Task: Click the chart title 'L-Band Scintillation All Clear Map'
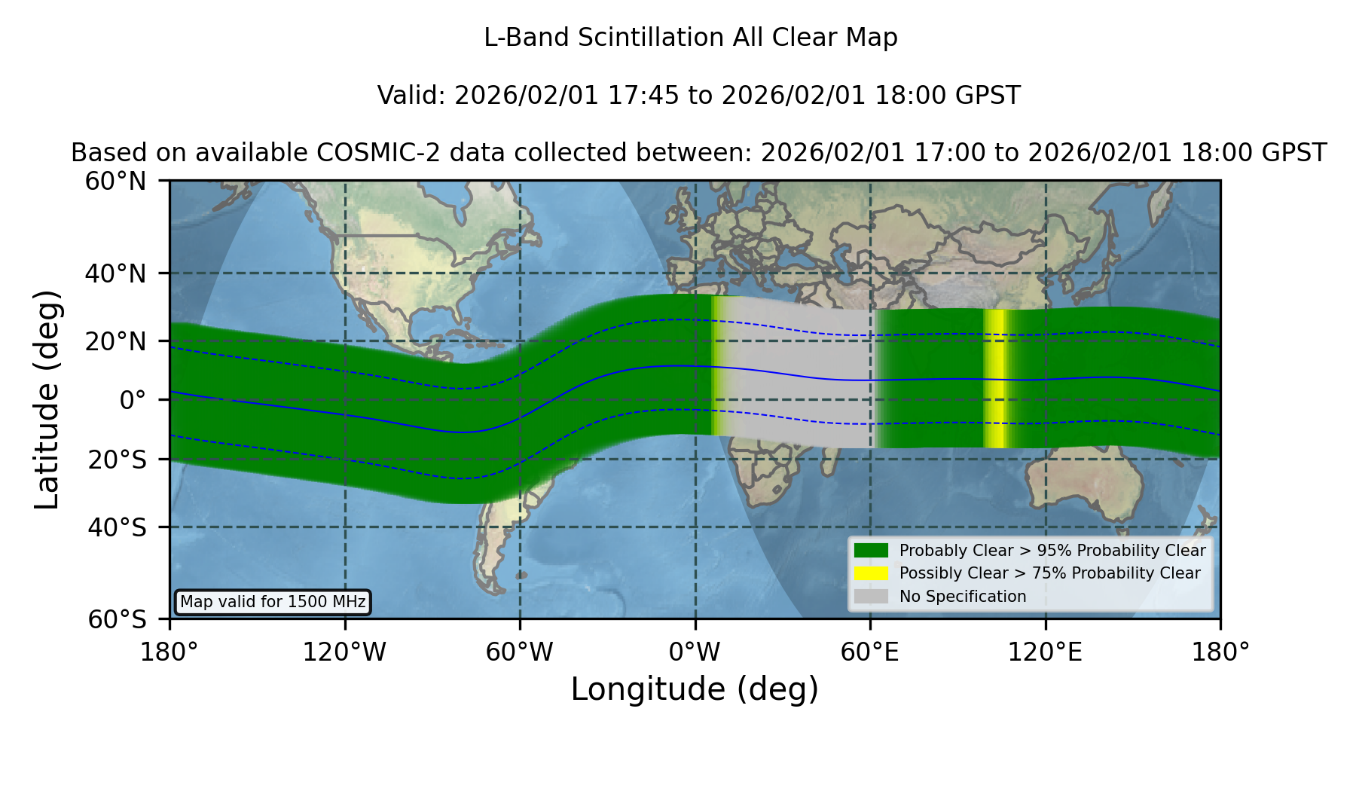click(x=690, y=38)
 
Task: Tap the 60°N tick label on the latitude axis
click(x=116, y=182)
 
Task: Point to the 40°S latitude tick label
click(x=118, y=527)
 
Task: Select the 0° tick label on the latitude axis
click(x=133, y=400)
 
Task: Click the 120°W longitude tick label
click(x=345, y=652)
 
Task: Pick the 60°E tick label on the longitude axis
click(x=870, y=652)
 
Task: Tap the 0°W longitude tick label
click(x=695, y=652)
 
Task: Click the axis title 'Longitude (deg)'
click(x=695, y=689)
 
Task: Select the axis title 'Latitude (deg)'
click(x=47, y=399)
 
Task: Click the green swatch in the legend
click(x=872, y=550)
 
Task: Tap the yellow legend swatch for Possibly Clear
click(x=872, y=573)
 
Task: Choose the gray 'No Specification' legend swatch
click(x=872, y=597)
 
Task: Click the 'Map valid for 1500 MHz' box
click(x=273, y=602)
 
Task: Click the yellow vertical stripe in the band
click(x=995, y=378)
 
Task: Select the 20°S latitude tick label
click(x=118, y=460)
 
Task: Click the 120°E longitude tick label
click(x=1046, y=652)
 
